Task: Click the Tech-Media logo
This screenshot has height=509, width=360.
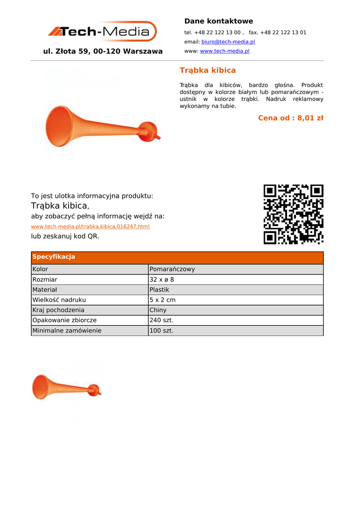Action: [102, 32]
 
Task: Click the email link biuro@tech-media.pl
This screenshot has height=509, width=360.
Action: [228, 42]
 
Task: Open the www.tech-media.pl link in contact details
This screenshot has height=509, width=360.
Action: [224, 51]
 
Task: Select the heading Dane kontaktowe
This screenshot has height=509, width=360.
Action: [218, 21]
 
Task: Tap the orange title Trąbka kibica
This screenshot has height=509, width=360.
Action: [207, 70]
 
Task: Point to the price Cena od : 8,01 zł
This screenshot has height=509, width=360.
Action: [290, 118]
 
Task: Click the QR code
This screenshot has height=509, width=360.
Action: [293, 214]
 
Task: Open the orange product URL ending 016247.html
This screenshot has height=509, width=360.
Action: [90, 227]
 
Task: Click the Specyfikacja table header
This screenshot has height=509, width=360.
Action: [54, 257]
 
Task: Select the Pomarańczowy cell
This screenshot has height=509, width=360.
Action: [172, 269]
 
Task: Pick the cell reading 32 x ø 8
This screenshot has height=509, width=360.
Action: [162, 280]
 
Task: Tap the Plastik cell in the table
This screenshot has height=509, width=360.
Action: [159, 290]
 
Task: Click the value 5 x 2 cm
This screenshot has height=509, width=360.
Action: [162, 300]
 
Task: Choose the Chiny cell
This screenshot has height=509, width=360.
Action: [158, 310]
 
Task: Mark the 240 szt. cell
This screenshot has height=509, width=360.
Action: [161, 321]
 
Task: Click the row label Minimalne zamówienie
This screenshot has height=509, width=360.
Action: [67, 331]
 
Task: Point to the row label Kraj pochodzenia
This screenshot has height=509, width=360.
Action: [58, 310]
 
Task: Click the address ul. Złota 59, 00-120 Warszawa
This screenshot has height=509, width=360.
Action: [103, 51]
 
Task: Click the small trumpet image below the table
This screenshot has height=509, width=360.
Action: [66, 387]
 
